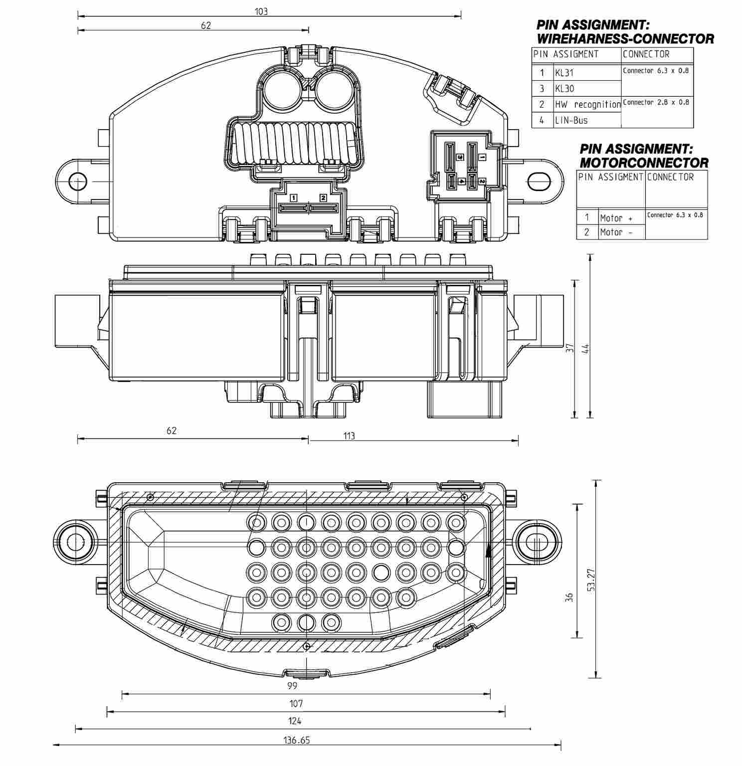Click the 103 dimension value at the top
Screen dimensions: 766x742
click(x=261, y=11)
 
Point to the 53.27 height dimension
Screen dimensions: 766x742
click(x=591, y=579)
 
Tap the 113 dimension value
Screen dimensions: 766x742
click(x=349, y=436)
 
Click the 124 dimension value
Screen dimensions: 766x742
click(x=295, y=721)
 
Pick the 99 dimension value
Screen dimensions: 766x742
click(x=292, y=686)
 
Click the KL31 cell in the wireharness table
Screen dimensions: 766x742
click(x=564, y=73)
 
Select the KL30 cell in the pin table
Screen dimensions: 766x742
click(x=564, y=89)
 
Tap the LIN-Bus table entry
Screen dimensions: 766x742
click(x=571, y=120)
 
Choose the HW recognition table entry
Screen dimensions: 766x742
click(x=587, y=105)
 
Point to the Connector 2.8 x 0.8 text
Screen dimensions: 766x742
click(x=656, y=102)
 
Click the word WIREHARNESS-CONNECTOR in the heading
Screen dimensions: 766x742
click(x=625, y=39)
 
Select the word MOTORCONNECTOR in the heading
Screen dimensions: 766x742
click(x=644, y=163)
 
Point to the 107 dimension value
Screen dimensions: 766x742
click(x=296, y=704)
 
